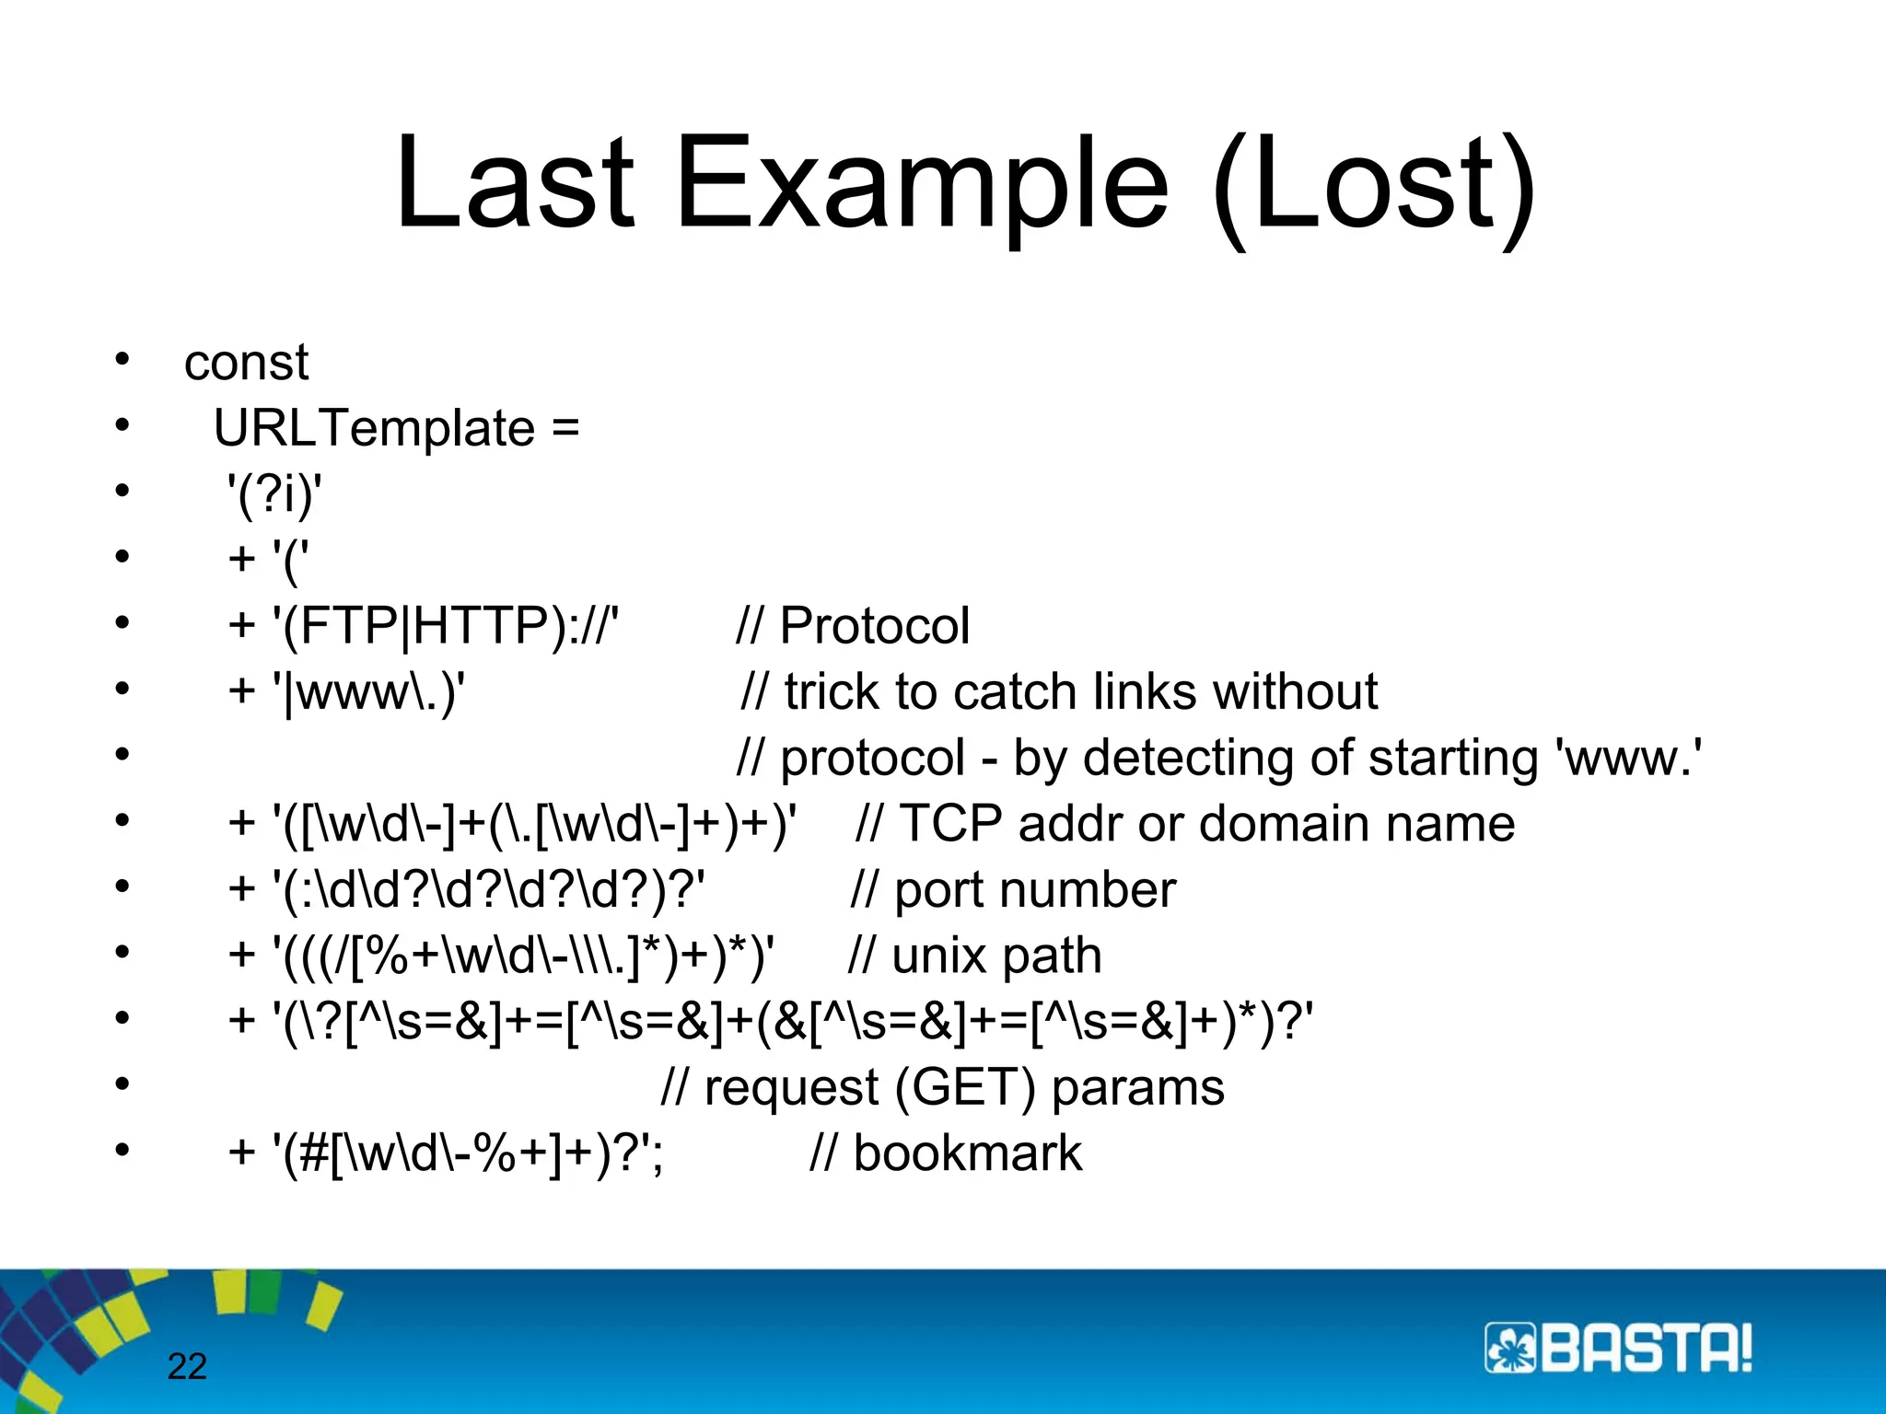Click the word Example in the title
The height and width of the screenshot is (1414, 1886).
pyautogui.click(x=921, y=184)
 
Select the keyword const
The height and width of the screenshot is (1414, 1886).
pyautogui.click(x=246, y=363)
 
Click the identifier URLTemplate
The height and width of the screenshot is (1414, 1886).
pyautogui.click(x=374, y=429)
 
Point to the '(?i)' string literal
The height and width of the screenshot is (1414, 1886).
pyautogui.click(x=274, y=495)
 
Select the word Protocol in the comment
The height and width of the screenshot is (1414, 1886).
pyautogui.click(x=874, y=626)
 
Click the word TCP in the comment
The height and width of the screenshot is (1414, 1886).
pyautogui.click(x=950, y=824)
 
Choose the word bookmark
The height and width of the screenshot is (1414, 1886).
pyautogui.click(x=967, y=1153)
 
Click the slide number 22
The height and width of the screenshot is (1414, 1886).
pyautogui.click(x=187, y=1367)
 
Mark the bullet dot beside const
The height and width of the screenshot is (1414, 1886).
pyautogui.click(x=122, y=359)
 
